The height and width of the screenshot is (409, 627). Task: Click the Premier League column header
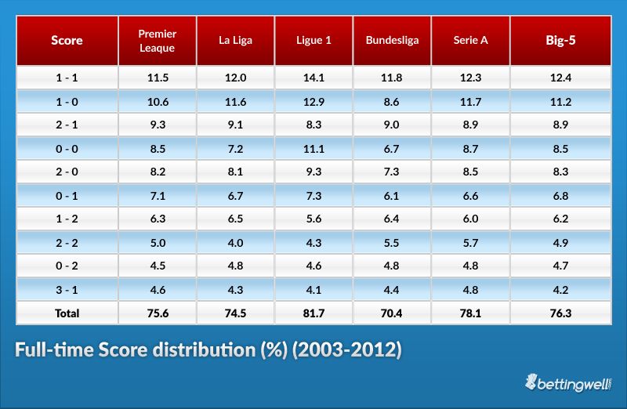(x=157, y=41)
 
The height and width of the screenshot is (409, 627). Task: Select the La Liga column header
(x=235, y=41)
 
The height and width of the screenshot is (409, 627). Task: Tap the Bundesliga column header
(x=392, y=41)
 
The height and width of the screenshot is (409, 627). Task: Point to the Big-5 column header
(x=560, y=41)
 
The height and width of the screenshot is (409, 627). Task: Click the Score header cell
(x=67, y=41)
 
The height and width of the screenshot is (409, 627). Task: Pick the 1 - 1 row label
(x=67, y=78)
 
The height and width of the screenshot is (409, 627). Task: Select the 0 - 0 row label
(x=67, y=149)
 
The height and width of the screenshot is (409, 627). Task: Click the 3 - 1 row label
(x=67, y=290)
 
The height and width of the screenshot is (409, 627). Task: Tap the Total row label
(x=67, y=313)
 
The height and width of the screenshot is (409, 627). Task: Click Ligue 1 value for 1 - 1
(x=313, y=78)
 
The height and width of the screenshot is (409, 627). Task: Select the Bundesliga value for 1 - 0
(x=392, y=102)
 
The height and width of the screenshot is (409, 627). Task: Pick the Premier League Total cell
(x=157, y=313)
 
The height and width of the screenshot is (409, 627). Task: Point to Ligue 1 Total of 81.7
(x=313, y=313)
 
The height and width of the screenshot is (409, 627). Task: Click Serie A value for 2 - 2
(x=470, y=243)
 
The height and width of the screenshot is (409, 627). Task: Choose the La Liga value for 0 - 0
(x=235, y=149)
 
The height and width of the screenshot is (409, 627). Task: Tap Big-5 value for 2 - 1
(x=560, y=125)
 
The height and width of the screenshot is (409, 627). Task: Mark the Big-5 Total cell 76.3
(x=560, y=313)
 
